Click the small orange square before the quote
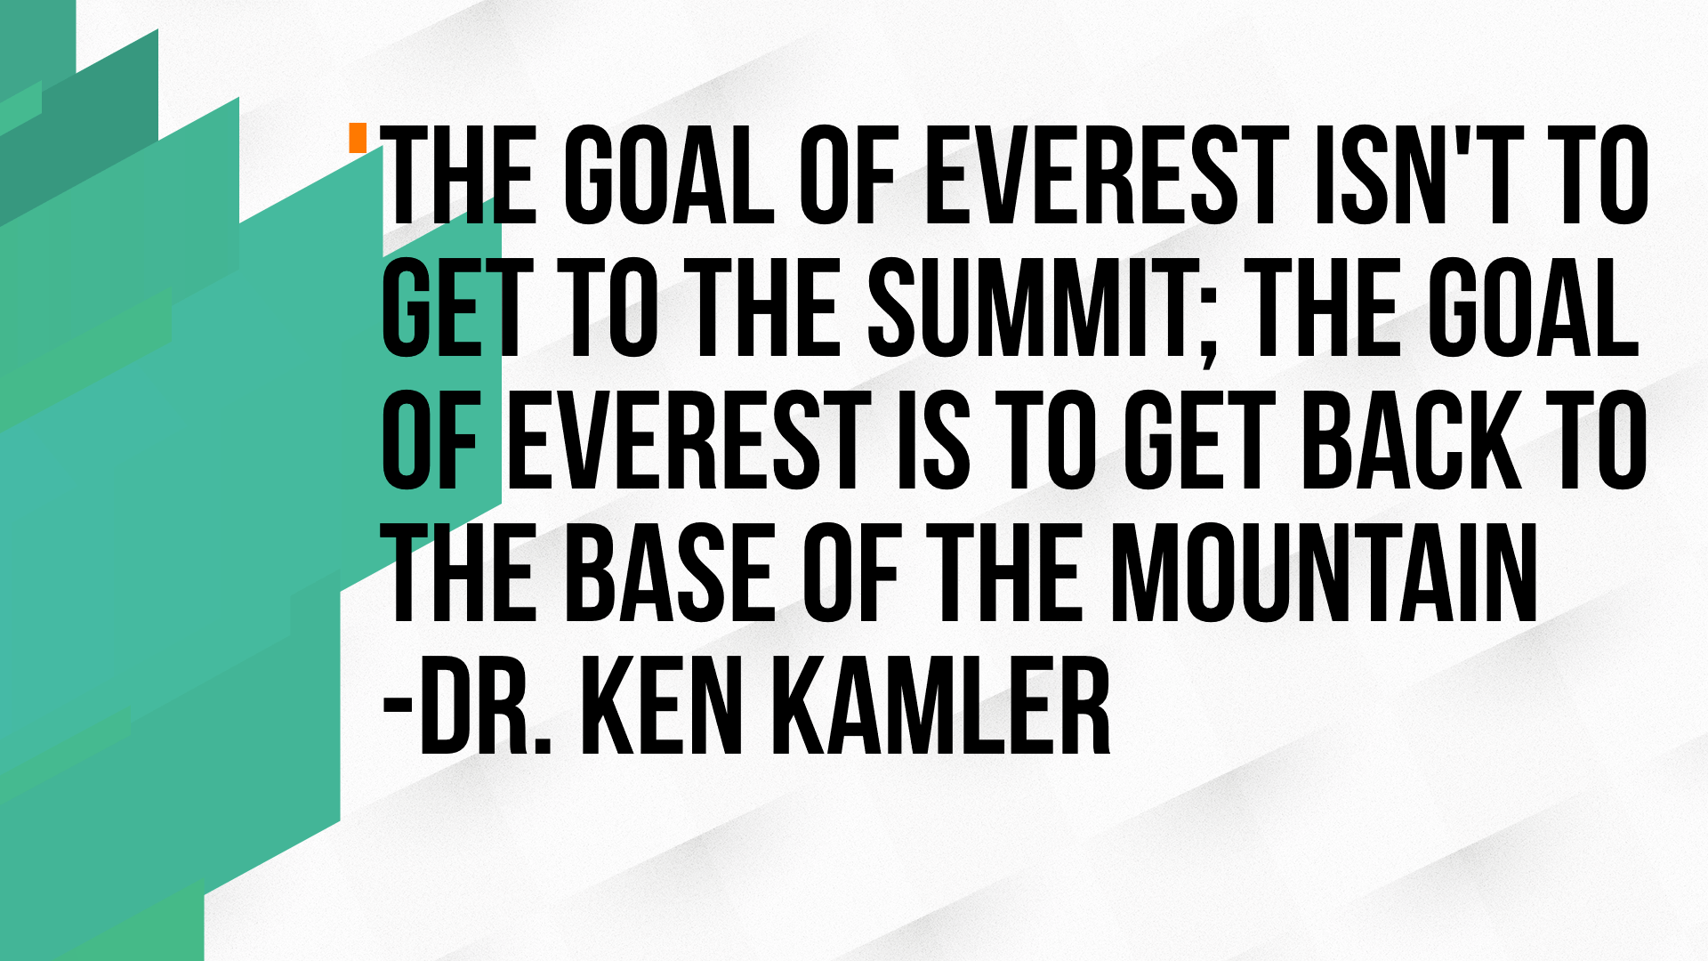[x=358, y=138]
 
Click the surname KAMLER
[x=942, y=707]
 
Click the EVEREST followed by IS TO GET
[x=689, y=442]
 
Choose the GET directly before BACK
[x=1200, y=442]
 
